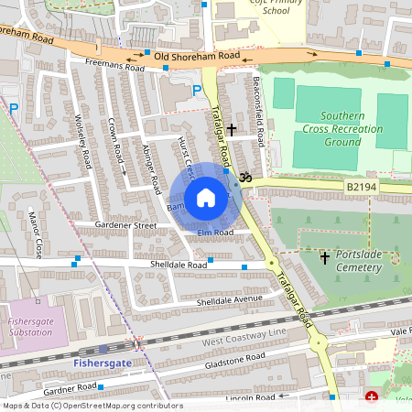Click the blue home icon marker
click(x=206, y=198)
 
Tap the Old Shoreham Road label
click(x=197, y=57)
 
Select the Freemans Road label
click(x=114, y=67)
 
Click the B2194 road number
click(x=363, y=186)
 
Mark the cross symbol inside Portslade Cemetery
click(x=324, y=258)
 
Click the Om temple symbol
click(x=244, y=178)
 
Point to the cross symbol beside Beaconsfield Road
click(x=233, y=131)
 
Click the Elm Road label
click(x=215, y=233)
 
